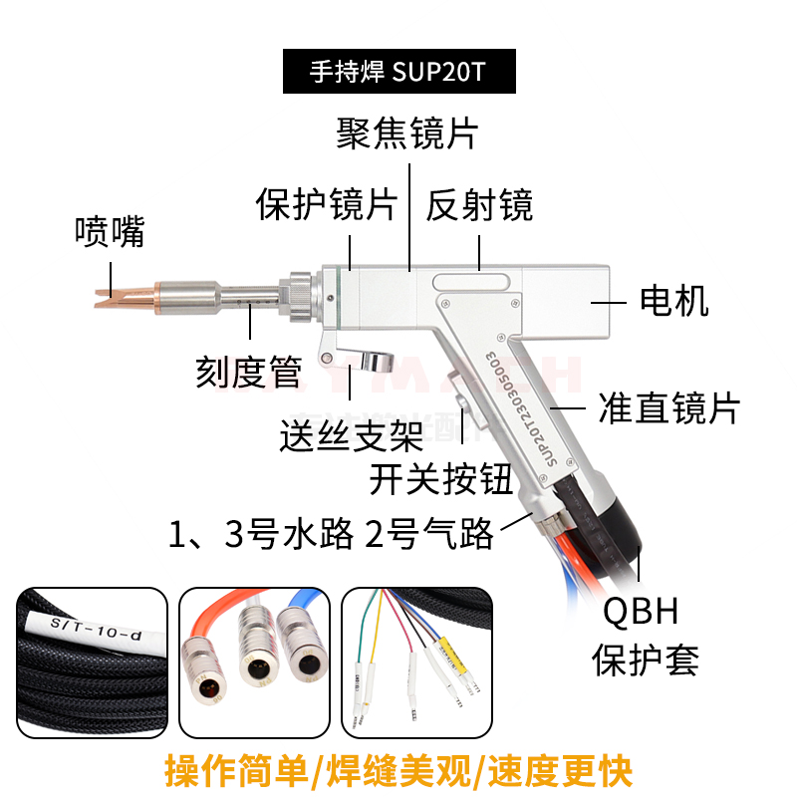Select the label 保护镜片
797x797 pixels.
pos(327,204)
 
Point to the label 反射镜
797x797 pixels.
pos(479,204)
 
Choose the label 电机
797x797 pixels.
pos(674,299)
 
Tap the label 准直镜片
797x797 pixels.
pos(668,407)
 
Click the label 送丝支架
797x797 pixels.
pos(352,434)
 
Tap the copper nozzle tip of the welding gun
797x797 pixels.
pos(118,296)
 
